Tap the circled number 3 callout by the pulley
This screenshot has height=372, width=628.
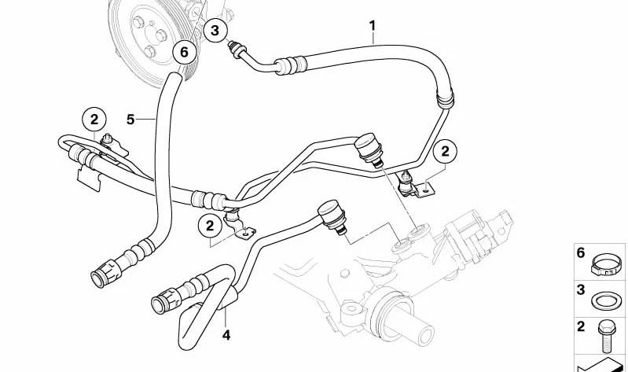point(215,30)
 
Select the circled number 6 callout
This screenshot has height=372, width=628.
point(183,52)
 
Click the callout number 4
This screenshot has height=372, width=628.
point(226,336)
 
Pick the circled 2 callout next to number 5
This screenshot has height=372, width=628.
point(94,120)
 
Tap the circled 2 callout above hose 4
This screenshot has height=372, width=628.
point(210,226)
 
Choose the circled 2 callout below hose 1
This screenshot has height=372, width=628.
point(446,150)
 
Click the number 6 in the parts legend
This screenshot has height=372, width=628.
point(582,253)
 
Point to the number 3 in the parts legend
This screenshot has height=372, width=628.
point(582,290)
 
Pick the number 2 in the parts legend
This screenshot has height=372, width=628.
point(582,326)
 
